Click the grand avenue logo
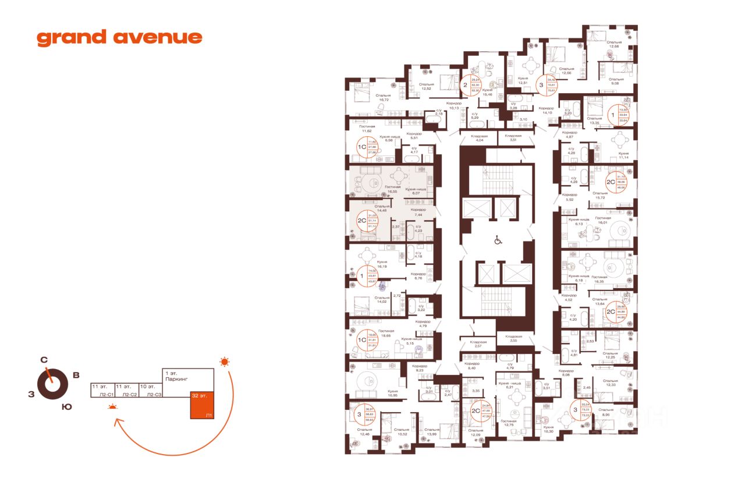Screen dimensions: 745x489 pyautogui.click(x=119, y=38)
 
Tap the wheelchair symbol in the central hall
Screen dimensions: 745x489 pyautogui.click(x=498, y=239)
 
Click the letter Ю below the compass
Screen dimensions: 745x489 pyautogui.click(x=67, y=407)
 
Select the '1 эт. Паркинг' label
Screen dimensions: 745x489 pyautogui.click(x=174, y=376)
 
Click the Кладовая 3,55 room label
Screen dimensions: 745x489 pyautogui.click(x=513, y=338)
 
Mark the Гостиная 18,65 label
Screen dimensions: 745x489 pyautogui.click(x=386, y=334)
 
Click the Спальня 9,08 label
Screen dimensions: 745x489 pyautogui.click(x=616, y=81)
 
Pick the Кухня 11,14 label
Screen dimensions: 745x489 pyautogui.click(x=625, y=155)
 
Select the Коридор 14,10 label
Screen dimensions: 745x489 pyautogui.click(x=547, y=111)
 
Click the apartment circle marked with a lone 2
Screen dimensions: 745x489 pyautogui.click(x=466, y=86)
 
